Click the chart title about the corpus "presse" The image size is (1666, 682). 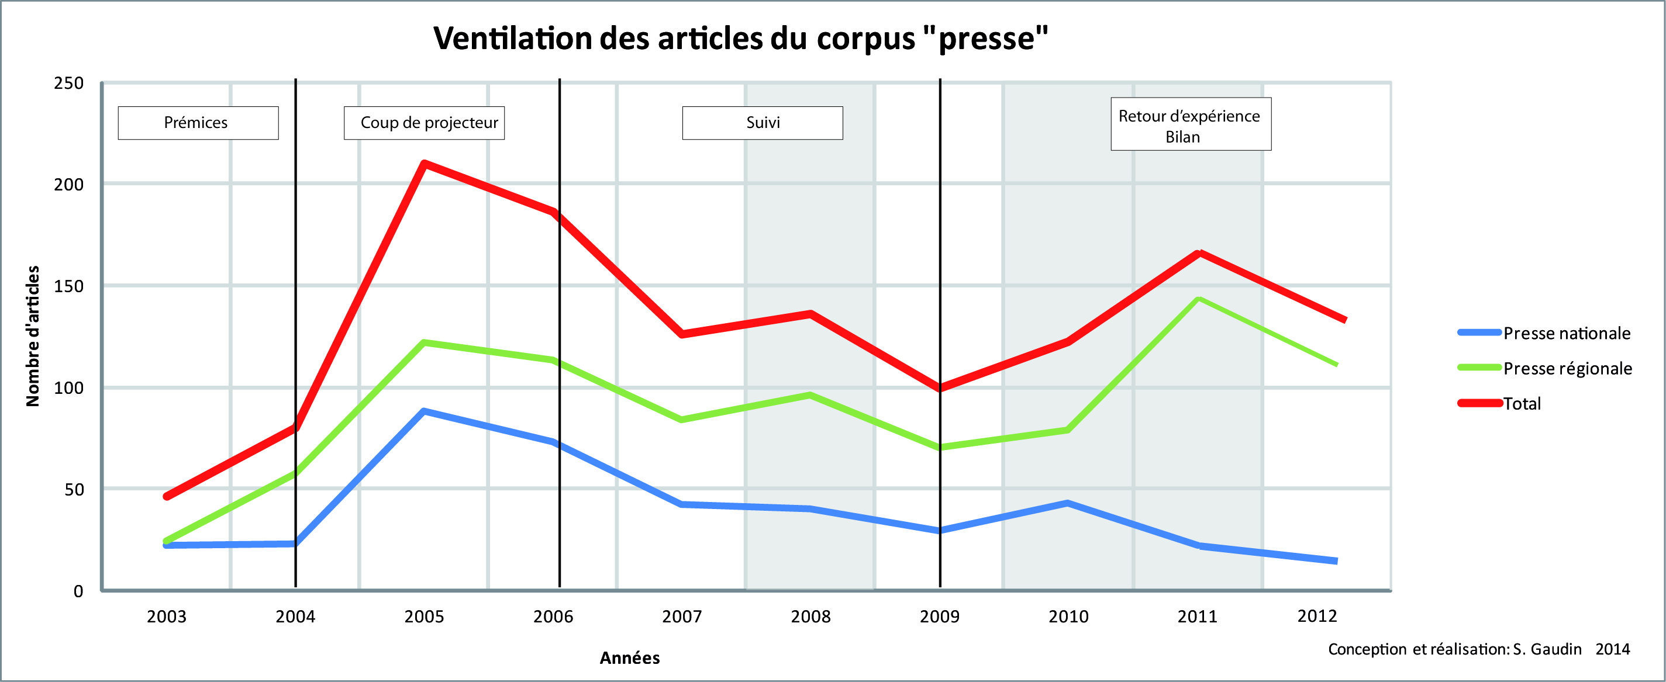[740, 39]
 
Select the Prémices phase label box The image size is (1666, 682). [198, 123]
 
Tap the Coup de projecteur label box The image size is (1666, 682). [425, 123]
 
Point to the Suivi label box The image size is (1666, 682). [763, 123]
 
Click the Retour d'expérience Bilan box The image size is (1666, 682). [1191, 124]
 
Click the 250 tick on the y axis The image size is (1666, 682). [68, 84]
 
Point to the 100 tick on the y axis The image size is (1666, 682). [68, 388]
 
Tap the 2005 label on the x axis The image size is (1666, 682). [425, 617]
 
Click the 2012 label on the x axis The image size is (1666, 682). [1317, 616]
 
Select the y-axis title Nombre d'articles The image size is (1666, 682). [32, 336]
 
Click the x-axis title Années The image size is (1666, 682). [629, 658]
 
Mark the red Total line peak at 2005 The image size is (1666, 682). [423, 164]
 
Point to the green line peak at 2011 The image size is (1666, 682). [1198, 299]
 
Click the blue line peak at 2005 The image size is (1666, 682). [423, 411]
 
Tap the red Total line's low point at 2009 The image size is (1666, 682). [940, 389]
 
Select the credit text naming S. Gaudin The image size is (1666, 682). [1478, 649]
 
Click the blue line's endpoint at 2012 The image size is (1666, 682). [1336, 561]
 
